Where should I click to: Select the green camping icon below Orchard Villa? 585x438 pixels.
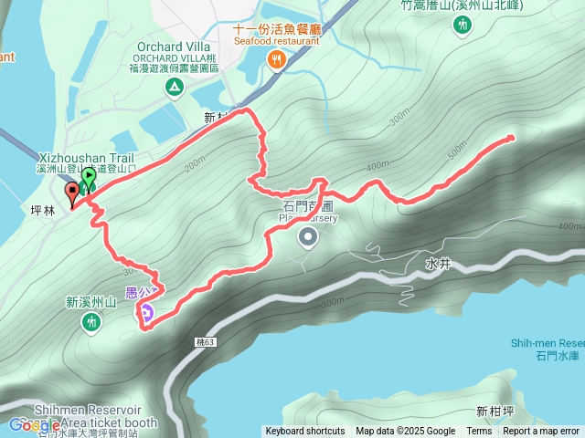point(174,87)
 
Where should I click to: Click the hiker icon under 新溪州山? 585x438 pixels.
point(91,322)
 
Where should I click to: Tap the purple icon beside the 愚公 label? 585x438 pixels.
point(146,314)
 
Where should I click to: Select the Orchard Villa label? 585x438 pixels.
point(173,47)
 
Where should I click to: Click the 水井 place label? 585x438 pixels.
point(439,263)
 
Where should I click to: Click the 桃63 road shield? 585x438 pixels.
point(205,341)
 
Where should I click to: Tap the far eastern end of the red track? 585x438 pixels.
point(510,138)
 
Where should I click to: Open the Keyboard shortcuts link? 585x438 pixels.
point(304,432)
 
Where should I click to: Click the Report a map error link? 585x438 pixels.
point(541,432)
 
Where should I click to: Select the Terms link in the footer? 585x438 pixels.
point(479,432)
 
